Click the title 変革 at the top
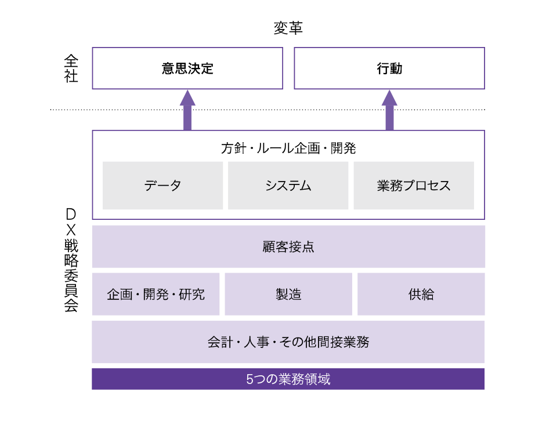288,28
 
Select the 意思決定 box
187,68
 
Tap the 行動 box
389,68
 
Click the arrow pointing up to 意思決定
187,110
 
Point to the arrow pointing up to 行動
389,110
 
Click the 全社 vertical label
71,68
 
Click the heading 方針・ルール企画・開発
288,148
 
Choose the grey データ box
162,186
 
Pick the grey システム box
288,186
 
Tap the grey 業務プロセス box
413,186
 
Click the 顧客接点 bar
288,247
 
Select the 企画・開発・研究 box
156,294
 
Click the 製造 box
288,294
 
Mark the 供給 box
421,294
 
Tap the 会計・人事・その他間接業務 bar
288,342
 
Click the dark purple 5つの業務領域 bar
288,379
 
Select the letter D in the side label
71,214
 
